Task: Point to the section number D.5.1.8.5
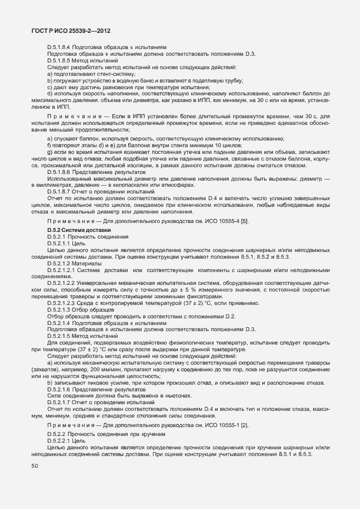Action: [59, 60]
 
